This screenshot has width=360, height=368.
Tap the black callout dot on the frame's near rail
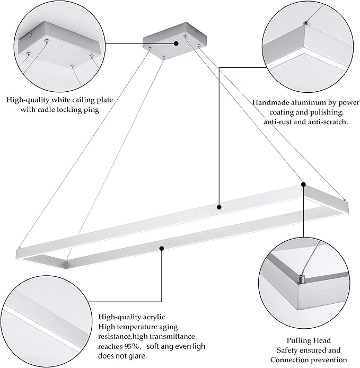click(161, 247)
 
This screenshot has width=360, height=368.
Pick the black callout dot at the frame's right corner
click(303, 185)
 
